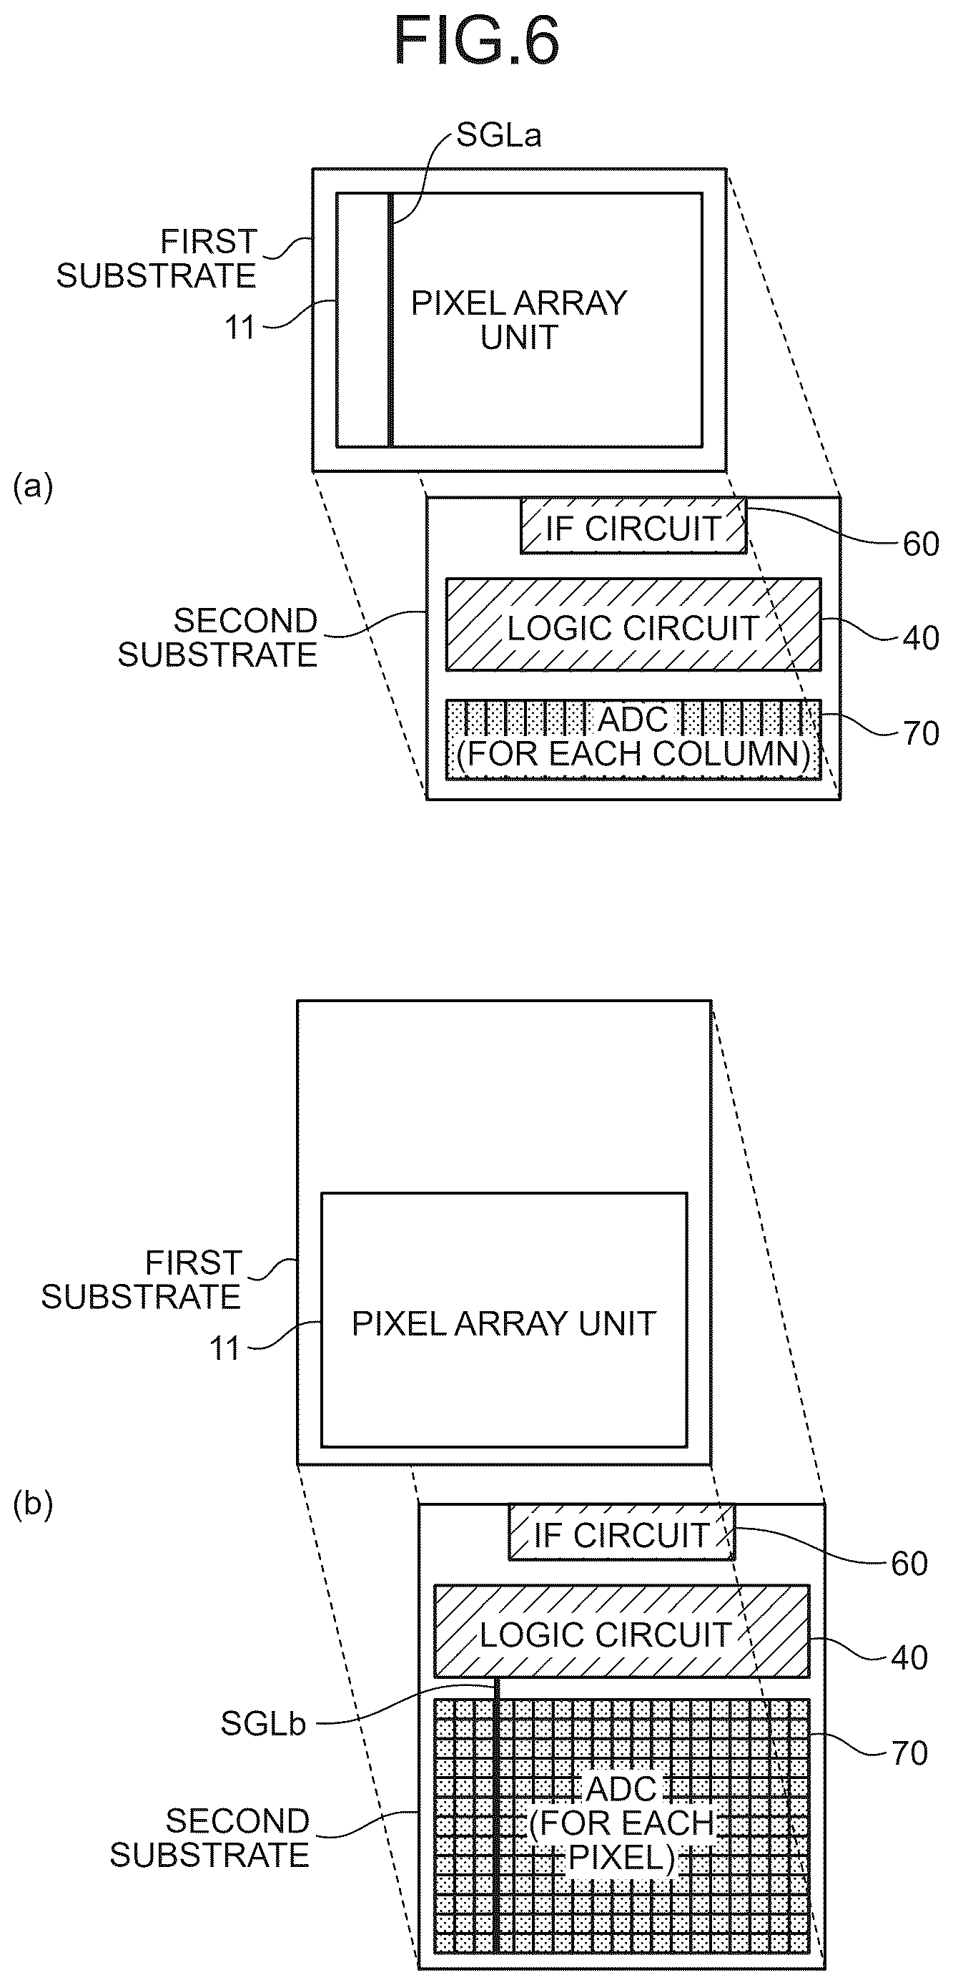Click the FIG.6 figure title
[476, 40]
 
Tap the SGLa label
[498, 136]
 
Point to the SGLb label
[264, 1724]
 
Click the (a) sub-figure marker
[33, 488]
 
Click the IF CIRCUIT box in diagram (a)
[633, 526]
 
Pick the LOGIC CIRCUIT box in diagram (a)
[633, 625]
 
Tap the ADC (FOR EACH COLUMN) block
[633, 739]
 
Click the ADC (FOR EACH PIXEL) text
[621, 1822]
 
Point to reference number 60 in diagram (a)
[921, 545]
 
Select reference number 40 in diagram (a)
[921, 639]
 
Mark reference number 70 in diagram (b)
[909, 1754]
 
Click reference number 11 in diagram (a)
[240, 328]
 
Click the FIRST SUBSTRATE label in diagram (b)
[141, 1280]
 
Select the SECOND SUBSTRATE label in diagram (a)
[217, 638]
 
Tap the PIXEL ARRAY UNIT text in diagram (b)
[504, 1324]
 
